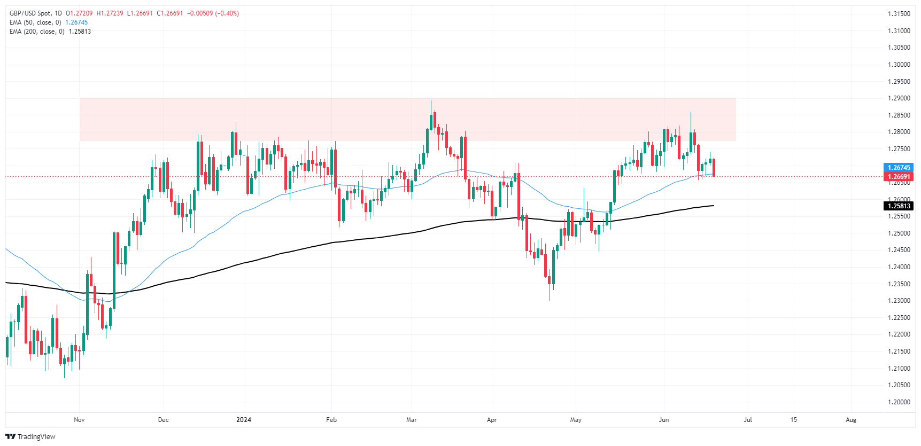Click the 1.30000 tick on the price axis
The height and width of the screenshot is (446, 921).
899,65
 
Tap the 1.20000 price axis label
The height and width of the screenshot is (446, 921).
899,402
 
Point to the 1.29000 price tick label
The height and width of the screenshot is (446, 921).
899,98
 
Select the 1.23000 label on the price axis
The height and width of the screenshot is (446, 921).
899,301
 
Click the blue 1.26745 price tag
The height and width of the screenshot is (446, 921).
899,168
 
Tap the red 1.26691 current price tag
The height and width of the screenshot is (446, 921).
899,177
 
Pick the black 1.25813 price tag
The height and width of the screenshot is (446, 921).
899,206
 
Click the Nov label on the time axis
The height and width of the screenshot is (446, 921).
79,420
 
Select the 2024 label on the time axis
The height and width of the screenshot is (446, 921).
244,420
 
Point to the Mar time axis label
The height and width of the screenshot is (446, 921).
412,420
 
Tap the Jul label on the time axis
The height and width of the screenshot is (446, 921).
748,420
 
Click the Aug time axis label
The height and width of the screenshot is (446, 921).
851,420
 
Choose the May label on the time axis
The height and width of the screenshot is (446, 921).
576,420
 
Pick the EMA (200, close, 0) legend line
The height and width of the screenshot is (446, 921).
37,32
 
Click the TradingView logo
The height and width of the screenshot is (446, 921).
30,437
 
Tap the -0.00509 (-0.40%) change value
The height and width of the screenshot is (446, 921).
213,13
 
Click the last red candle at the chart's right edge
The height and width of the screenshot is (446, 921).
714,167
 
